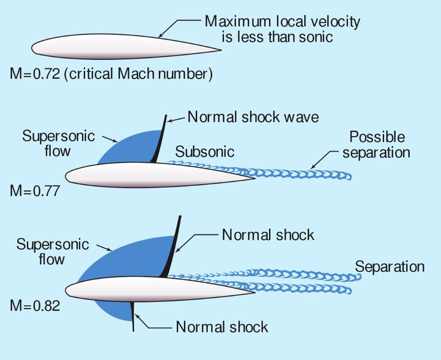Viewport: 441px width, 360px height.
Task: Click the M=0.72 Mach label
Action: (35, 74)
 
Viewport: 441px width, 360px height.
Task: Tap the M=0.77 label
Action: (35, 191)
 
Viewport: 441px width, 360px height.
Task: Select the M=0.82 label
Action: (35, 305)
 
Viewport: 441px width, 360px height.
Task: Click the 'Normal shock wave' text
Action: (253, 117)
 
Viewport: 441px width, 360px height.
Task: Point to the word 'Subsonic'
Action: (205, 152)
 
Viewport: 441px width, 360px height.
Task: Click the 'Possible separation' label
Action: (376, 144)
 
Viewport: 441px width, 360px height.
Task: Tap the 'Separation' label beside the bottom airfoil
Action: (389, 267)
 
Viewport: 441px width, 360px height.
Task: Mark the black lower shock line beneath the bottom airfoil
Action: (132, 316)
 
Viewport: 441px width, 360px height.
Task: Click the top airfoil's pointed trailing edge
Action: (220, 50)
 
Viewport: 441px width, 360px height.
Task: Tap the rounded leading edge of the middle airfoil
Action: (67, 176)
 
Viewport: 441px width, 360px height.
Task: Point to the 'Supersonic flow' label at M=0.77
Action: (58, 143)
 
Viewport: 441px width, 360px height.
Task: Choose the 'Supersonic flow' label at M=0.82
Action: (53, 252)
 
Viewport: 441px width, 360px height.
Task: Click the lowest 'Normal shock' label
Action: (222, 327)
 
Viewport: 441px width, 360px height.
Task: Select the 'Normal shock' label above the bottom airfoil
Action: (268, 235)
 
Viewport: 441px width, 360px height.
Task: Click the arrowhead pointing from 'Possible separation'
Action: (313, 167)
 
